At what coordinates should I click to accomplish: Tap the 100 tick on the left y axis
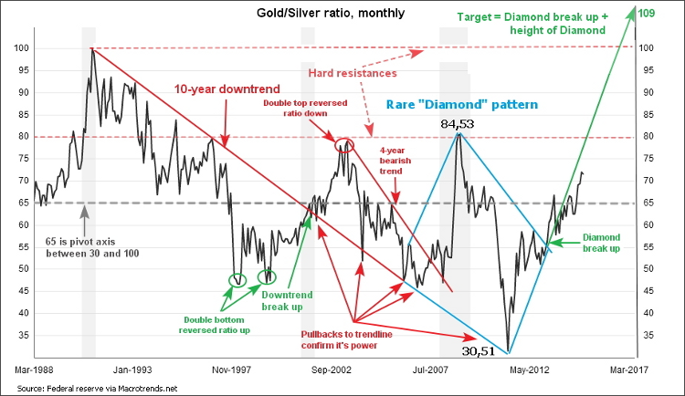tap(20, 47)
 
